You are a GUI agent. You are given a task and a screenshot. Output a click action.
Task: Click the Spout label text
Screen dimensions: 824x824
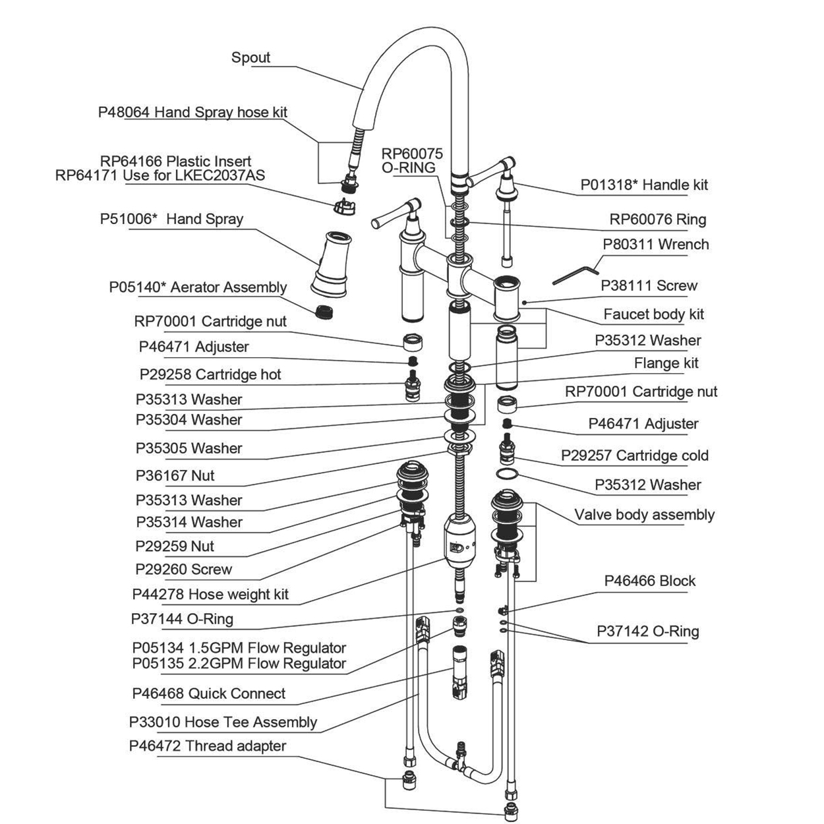pos(250,57)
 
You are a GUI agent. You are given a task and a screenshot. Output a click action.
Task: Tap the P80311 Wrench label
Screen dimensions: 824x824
pos(655,245)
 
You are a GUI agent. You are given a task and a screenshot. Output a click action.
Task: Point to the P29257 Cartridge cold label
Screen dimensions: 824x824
pos(634,456)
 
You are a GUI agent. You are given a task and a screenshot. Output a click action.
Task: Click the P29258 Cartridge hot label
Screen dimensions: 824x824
pos(210,374)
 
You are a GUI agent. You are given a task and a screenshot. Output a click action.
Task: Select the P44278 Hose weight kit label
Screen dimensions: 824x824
pos(210,595)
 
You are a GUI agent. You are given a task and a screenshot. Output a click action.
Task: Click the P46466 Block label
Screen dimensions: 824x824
pos(649,581)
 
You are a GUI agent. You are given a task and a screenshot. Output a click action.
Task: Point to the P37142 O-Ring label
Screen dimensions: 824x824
pos(647,632)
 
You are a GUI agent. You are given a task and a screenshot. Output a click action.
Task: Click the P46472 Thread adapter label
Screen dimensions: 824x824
pos(207,746)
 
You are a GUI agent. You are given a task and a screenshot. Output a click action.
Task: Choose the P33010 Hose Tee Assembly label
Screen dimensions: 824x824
pos(223,722)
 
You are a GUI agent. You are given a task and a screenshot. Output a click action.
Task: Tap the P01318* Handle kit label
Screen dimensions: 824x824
pos(643,185)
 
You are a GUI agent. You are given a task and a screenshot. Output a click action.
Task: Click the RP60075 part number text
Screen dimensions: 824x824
pos(412,154)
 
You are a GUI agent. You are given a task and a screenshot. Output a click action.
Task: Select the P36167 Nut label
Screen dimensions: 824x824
pos(175,476)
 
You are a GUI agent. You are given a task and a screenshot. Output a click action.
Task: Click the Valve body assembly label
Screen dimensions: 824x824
pos(644,515)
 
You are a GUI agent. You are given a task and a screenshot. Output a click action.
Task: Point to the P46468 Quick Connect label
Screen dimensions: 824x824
pos(208,693)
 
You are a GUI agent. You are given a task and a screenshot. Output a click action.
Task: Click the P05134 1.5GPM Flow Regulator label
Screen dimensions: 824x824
pos(239,648)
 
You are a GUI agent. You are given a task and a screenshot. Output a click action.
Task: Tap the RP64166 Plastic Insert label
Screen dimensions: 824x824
pos(175,162)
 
